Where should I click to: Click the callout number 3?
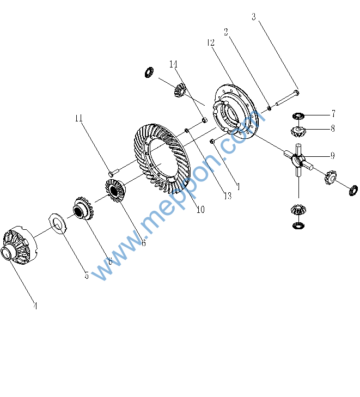coord(254,17)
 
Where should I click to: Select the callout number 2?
coord(226,32)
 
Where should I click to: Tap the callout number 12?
coord(211,42)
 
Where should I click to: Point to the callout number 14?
coord(173,64)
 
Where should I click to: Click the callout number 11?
coord(79,118)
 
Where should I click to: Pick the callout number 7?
coord(333,114)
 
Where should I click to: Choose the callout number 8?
coord(333,129)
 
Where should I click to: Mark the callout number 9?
coord(333,155)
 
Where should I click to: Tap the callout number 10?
coord(200,209)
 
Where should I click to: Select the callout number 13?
coord(228,196)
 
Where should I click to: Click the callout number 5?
coord(87,275)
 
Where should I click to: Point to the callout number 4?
coord(35,306)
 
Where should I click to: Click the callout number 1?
coord(238,187)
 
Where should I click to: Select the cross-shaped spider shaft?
coord(298,160)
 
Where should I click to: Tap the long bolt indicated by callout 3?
coord(288,97)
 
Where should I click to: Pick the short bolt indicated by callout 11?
coord(114,172)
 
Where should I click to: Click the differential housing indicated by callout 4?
coord(19,246)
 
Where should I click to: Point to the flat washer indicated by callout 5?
coord(58,224)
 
